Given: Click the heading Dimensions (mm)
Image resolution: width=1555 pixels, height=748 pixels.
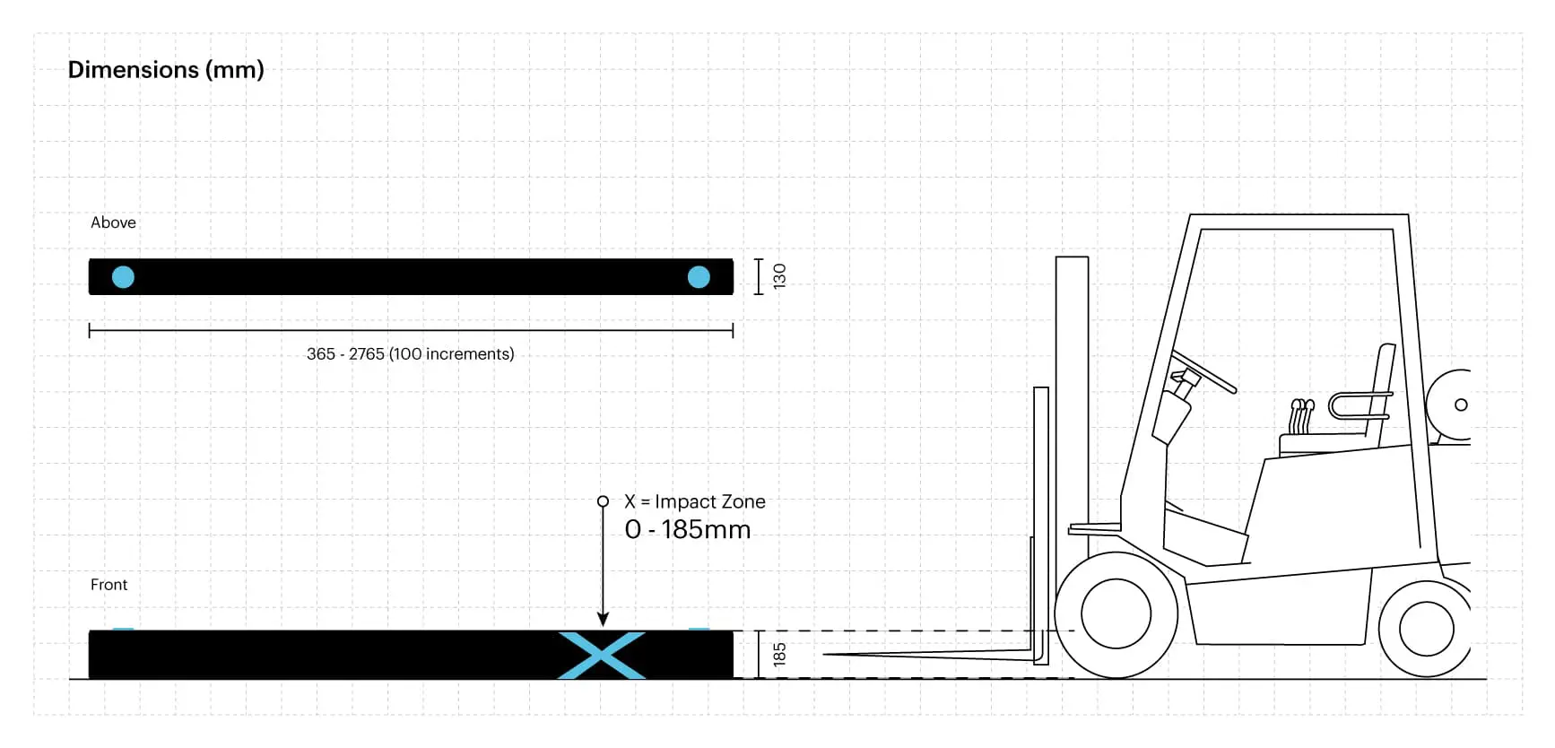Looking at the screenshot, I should (x=166, y=70).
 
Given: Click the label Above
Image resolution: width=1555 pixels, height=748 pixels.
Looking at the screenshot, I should (x=113, y=222).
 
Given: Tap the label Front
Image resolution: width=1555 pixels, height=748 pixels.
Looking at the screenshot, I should (x=109, y=585).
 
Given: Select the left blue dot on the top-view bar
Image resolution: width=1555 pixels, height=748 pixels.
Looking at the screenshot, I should (x=123, y=277).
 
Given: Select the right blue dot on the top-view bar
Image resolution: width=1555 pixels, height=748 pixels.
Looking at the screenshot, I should (x=699, y=277).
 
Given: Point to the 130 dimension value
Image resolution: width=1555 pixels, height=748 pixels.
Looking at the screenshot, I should (x=779, y=275).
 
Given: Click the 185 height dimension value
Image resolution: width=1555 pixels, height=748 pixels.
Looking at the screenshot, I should (x=779, y=654).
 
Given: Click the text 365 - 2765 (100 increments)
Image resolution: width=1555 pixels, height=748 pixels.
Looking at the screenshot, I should (x=410, y=354).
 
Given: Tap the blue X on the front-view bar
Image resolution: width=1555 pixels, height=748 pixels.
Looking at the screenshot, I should (x=602, y=655).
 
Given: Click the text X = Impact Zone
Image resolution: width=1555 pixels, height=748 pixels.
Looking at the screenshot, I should (x=695, y=501).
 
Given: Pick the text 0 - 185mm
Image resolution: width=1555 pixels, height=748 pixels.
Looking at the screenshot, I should (x=687, y=530).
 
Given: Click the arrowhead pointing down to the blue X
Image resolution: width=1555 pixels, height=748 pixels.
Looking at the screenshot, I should (x=603, y=620).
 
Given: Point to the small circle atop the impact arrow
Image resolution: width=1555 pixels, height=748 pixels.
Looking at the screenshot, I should (x=603, y=501).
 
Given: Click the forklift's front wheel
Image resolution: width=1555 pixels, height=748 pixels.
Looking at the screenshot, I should (x=1116, y=614).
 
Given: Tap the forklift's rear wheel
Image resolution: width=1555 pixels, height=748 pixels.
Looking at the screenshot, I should (x=1426, y=628).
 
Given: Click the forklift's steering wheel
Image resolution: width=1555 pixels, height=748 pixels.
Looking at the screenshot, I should (x=1204, y=371).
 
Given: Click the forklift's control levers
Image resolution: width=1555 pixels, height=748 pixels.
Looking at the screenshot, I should (x=1301, y=417).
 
